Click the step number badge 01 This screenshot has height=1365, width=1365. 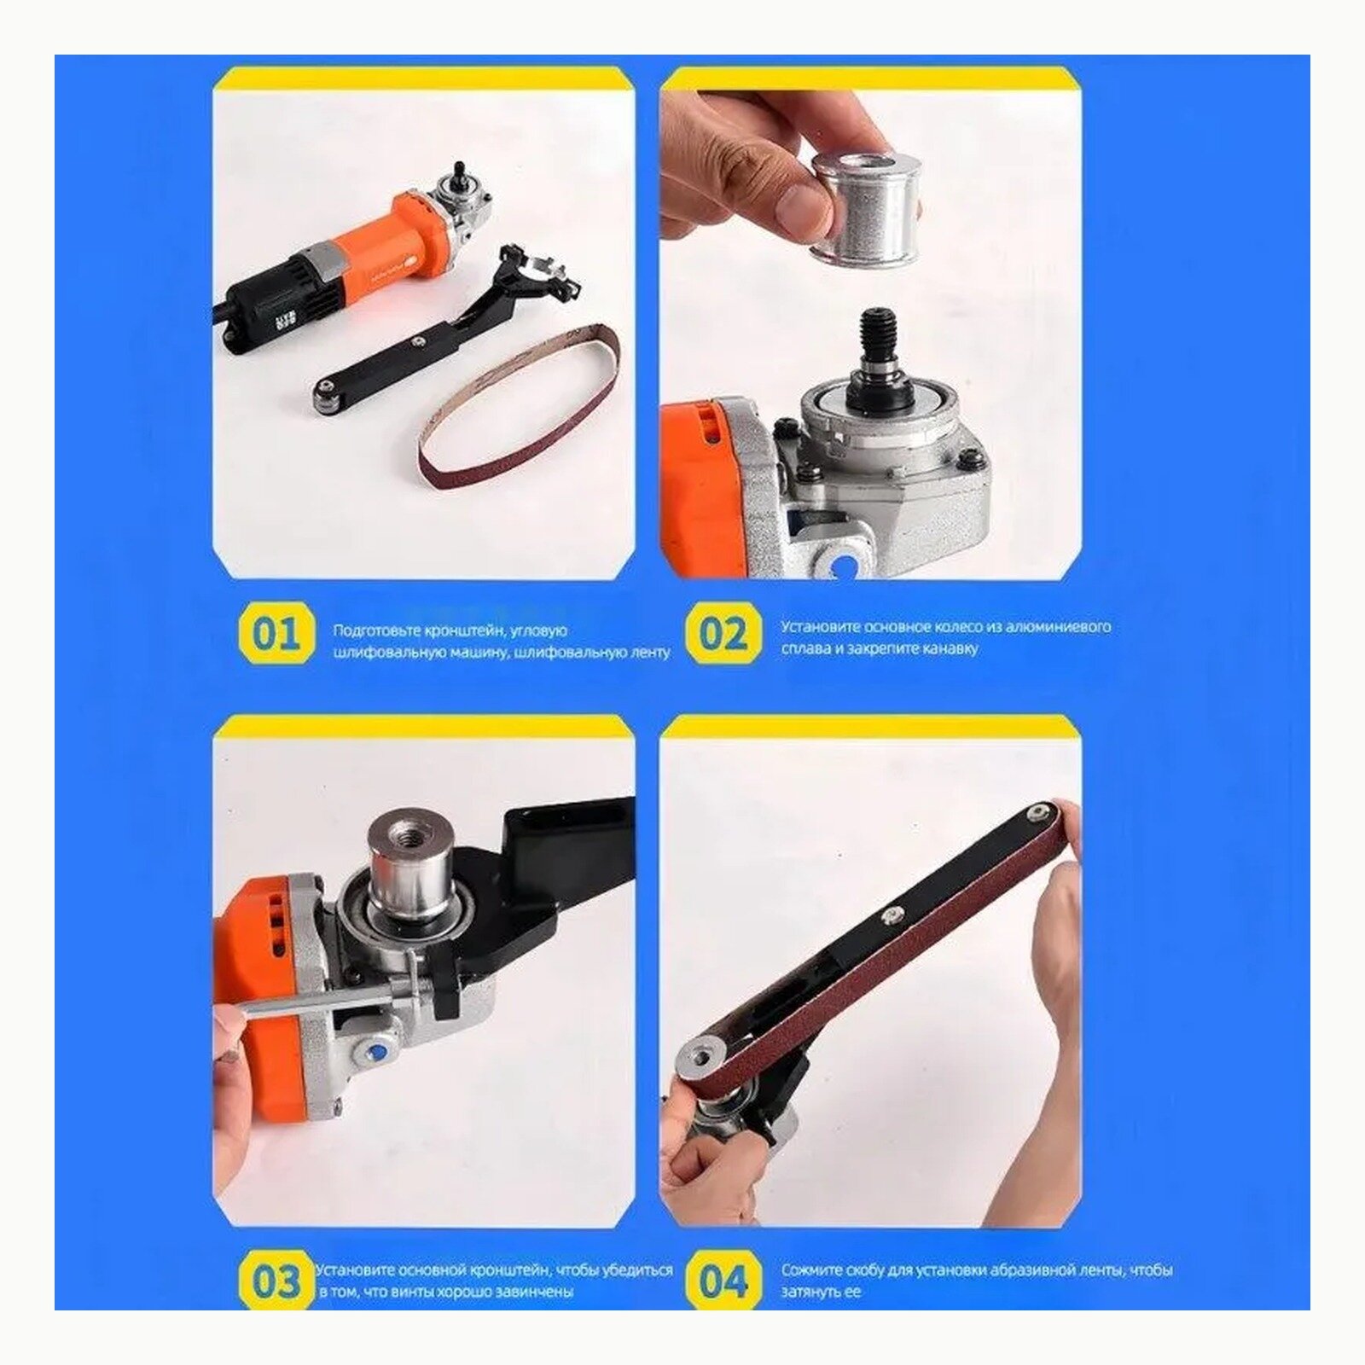point(275,634)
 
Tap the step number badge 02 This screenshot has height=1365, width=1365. point(723,634)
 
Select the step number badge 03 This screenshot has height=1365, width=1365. point(275,1282)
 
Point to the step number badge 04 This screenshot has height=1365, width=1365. point(723,1282)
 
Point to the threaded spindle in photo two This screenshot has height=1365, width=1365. point(879,337)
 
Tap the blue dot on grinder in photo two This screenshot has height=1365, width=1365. point(845,564)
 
